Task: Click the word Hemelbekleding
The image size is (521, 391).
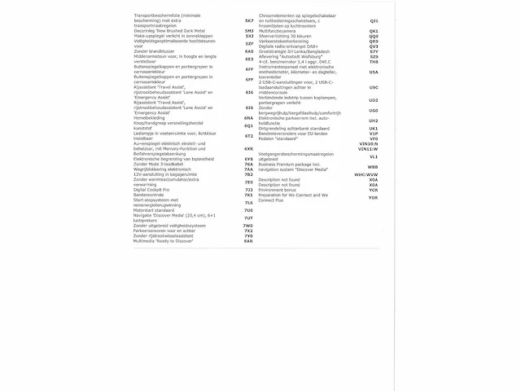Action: (153, 117)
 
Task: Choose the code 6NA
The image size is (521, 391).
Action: (249, 117)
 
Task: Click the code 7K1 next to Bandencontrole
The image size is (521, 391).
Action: (249, 195)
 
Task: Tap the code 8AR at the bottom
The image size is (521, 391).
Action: (249, 241)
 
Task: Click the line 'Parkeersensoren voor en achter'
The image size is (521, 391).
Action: (167, 231)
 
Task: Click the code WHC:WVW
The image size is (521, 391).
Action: (366, 174)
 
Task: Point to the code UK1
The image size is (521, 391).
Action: (374, 128)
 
